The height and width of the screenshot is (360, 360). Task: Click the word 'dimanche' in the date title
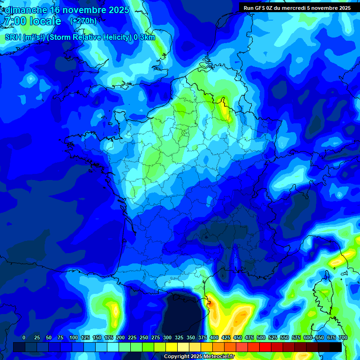(26, 10)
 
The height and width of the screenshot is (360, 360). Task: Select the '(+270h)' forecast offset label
(83, 21)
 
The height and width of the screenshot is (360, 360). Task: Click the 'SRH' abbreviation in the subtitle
(13, 37)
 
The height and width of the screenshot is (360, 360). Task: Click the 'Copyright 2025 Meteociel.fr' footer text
(199, 357)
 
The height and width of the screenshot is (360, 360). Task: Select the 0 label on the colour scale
(24, 337)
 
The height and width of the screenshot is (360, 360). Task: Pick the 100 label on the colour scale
(73, 337)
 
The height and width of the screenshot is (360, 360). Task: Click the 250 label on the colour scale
(143, 337)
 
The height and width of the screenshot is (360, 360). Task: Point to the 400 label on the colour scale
(214, 337)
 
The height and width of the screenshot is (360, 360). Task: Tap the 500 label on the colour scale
(261, 337)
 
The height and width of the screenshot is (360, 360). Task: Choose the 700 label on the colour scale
(343, 337)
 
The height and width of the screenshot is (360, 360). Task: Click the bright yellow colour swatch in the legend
(172, 347)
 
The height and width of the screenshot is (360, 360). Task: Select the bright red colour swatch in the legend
(265, 347)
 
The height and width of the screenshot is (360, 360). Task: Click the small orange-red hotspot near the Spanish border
(210, 303)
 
